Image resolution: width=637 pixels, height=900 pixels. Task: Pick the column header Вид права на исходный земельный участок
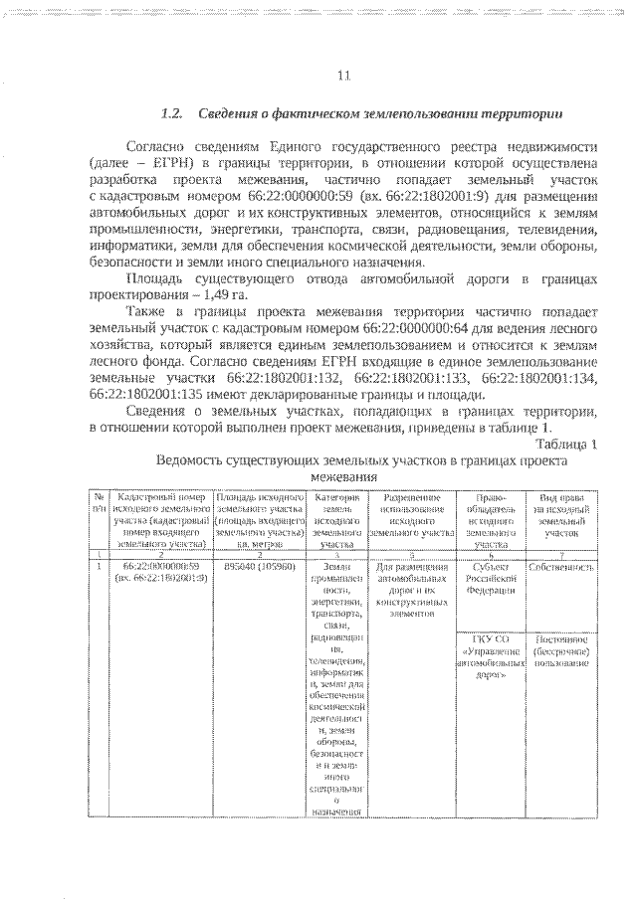[x=560, y=513]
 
